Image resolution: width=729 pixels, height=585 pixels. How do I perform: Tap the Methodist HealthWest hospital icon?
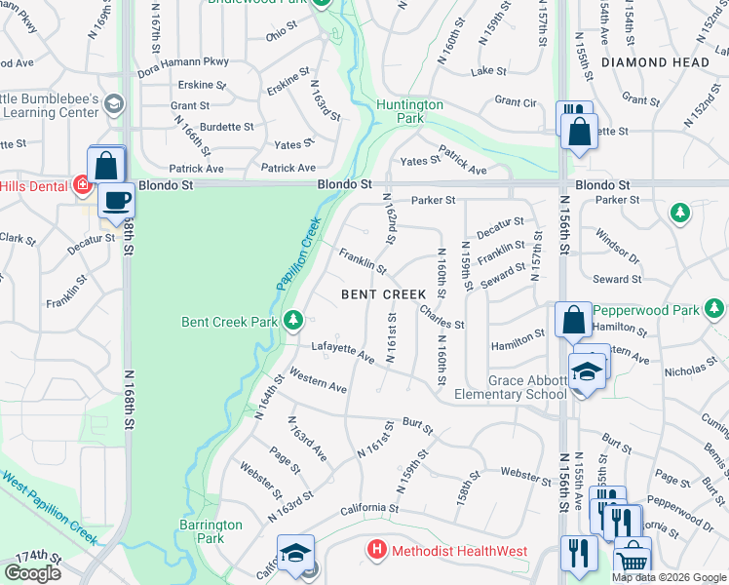377,551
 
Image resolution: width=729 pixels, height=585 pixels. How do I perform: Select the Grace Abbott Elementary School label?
511,387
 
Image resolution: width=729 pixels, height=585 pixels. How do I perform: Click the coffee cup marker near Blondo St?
117,201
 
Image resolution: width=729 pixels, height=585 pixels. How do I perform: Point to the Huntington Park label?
409,111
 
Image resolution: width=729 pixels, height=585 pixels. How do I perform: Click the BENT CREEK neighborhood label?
383,293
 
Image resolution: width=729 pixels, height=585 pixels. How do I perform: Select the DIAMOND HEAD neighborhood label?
655,62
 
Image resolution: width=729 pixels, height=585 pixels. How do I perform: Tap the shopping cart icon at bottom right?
633,559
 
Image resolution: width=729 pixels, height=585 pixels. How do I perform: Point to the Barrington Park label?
210,531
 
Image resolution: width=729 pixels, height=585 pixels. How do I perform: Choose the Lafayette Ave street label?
342,353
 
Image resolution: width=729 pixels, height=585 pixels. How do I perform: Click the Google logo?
32,573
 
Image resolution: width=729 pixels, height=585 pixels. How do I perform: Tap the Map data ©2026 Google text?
669,578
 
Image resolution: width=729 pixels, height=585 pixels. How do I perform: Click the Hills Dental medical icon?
83,185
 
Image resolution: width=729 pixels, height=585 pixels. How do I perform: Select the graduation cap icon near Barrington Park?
295,554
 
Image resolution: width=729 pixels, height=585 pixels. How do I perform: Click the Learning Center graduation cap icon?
114,104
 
